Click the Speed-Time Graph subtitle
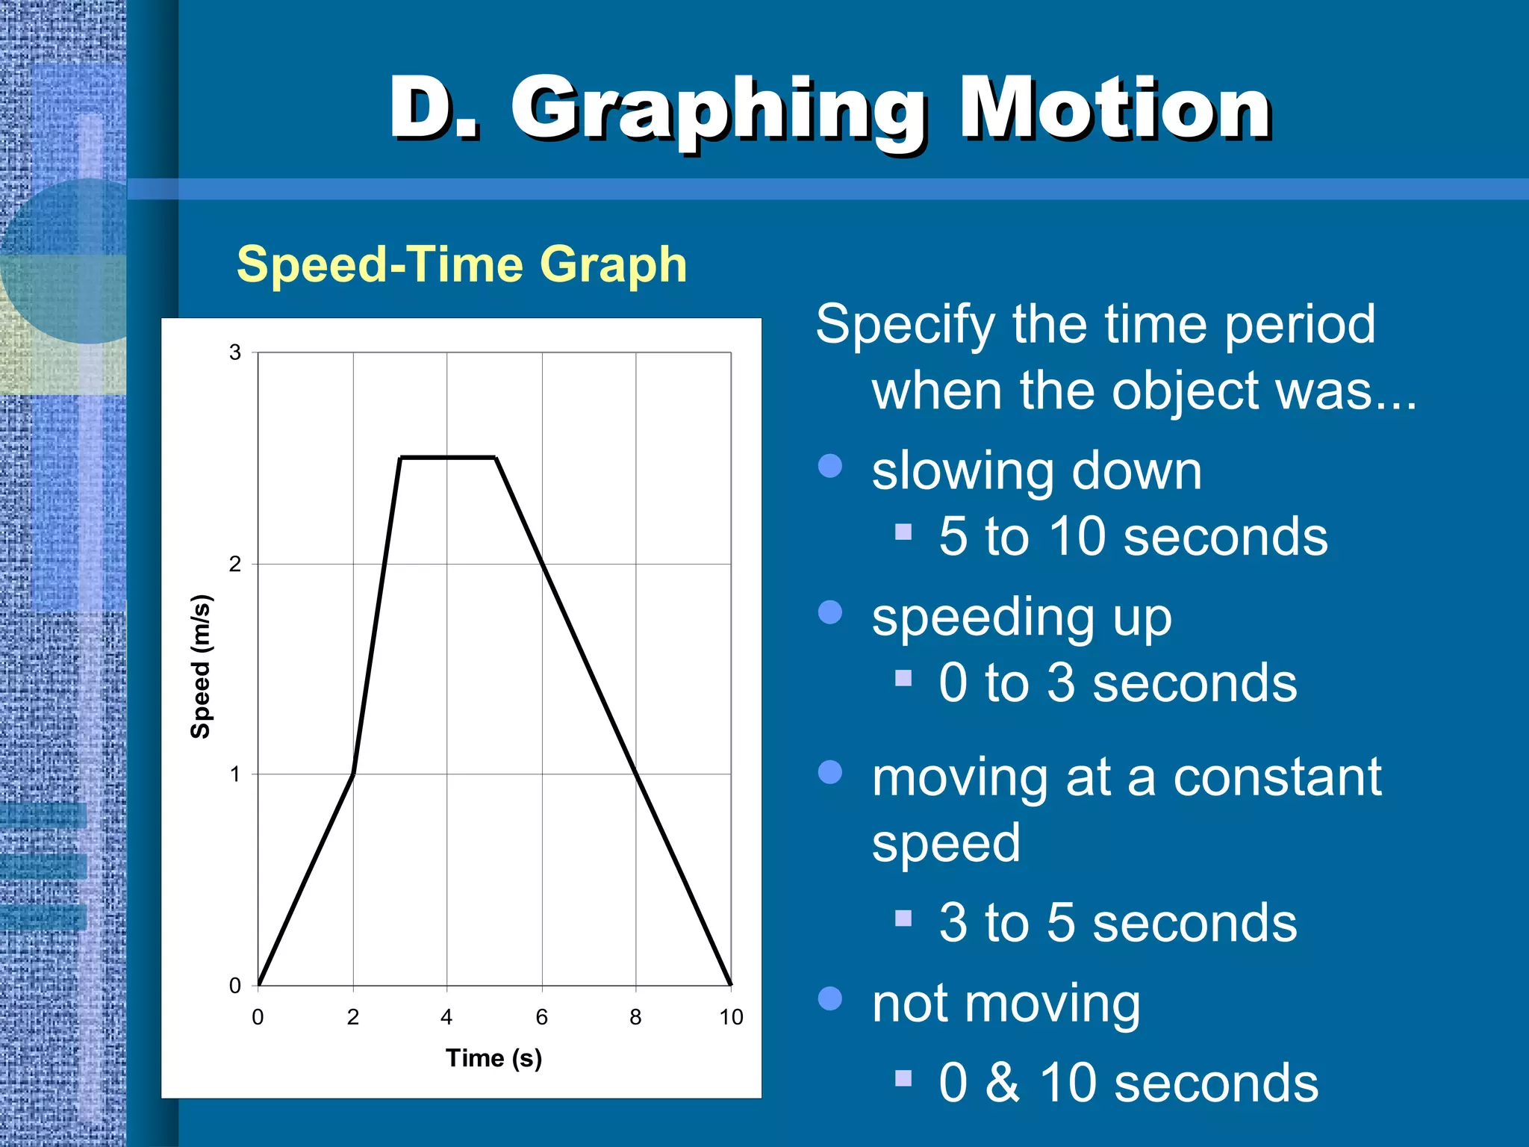(461, 264)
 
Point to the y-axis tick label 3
(235, 352)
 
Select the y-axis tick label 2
(235, 564)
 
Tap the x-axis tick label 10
(731, 1017)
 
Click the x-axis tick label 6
(542, 1017)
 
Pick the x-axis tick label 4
(446, 1017)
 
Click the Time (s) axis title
(493, 1058)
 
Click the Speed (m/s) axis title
(201, 666)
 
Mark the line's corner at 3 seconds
(401, 457)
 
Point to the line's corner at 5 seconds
(496, 457)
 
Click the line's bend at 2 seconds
(353, 774)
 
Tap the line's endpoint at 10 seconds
(730, 984)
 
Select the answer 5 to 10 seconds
(1133, 536)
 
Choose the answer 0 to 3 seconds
(1118, 683)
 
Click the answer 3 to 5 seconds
(1118, 923)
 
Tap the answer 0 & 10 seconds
(1128, 1083)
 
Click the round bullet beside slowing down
(830, 466)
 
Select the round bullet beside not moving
(830, 998)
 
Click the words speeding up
(1021, 618)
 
